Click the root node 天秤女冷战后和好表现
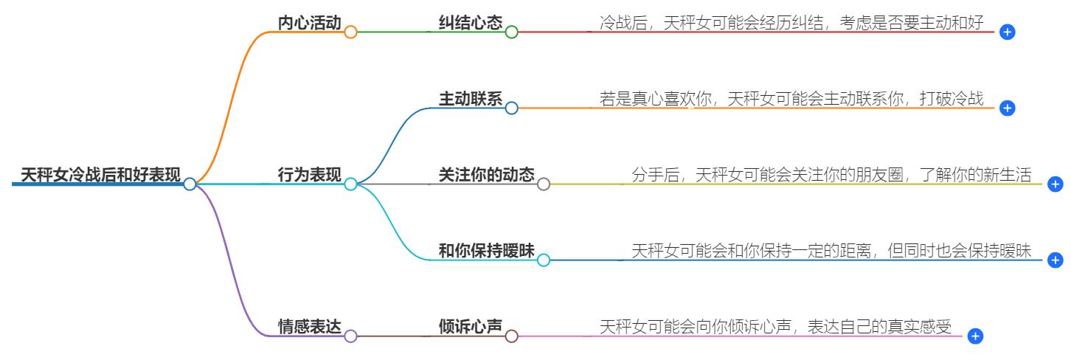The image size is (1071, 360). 100,175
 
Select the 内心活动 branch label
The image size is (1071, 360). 309,23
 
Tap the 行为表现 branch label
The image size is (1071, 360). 309,175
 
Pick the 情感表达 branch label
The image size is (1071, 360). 309,327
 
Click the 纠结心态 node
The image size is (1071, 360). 470,23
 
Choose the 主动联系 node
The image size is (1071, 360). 470,99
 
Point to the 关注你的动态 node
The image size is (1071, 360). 486,175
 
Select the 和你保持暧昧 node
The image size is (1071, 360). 486,251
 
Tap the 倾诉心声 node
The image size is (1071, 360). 470,327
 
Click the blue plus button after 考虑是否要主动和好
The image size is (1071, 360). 1008,32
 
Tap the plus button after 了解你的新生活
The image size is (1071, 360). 1056,184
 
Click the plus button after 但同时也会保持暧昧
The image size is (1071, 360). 1056,260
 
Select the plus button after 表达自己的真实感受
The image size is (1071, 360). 975,336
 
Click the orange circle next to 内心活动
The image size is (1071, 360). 350,32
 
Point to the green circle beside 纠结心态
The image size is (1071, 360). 512,32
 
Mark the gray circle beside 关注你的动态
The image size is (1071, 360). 544,184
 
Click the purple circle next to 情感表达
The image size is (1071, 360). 350,336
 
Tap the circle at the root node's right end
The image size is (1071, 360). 190,184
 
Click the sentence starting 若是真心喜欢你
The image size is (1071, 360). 791,99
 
